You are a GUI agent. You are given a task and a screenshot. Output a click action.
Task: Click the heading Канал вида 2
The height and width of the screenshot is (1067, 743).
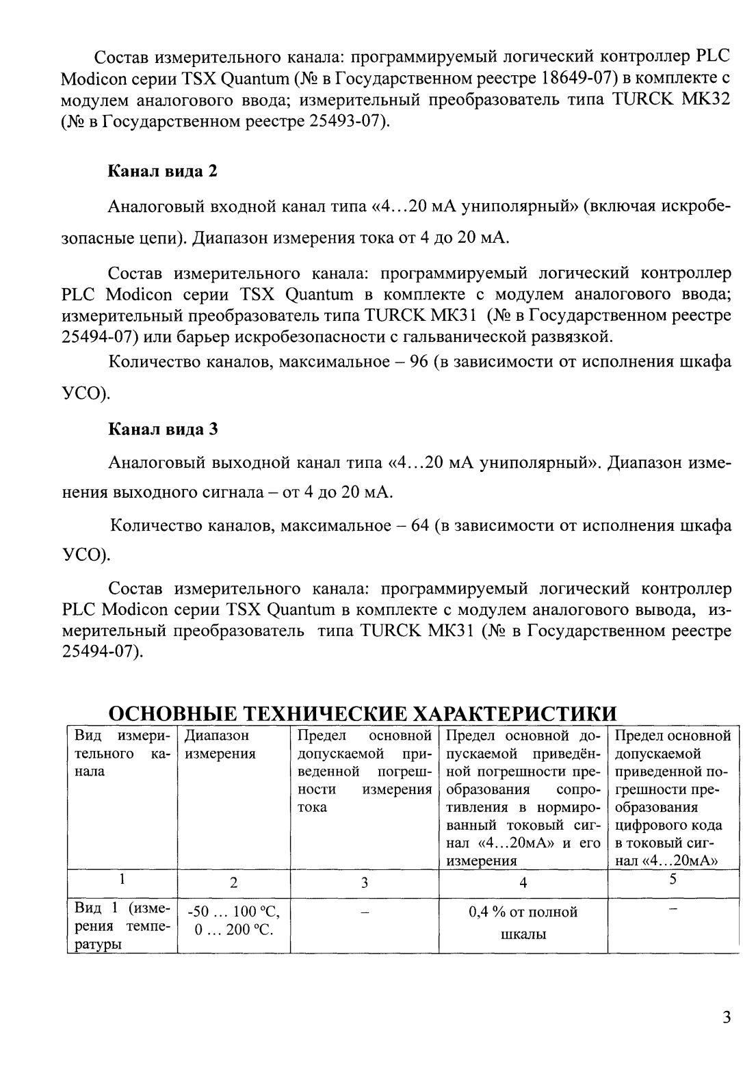click(x=163, y=171)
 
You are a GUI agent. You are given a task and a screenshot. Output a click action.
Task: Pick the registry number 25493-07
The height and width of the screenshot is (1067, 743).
click(x=343, y=123)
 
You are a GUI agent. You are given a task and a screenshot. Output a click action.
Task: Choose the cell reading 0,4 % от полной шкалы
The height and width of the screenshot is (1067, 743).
click(x=523, y=923)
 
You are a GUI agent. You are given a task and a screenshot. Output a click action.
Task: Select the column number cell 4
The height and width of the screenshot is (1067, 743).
click(x=523, y=882)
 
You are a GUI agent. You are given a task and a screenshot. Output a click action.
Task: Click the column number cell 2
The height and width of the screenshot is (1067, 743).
click(x=233, y=882)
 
